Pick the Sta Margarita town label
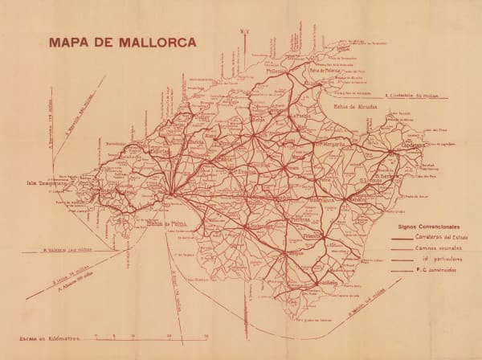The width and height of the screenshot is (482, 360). point(326,145)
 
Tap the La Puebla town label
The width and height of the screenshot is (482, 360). point(301,116)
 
